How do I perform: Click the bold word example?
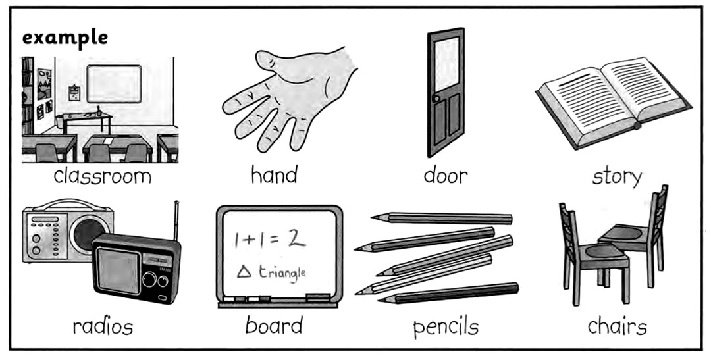pyautogui.click(x=65, y=38)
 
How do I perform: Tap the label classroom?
pyautogui.click(x=103, y=176)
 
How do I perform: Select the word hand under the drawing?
pyautogui.click(x=275, y=175)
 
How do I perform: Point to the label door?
pyautogui.click(x=445, y=176)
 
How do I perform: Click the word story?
pyautogui.click(x=617, y=177)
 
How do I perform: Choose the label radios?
pyautogui.click(x=103, y=326)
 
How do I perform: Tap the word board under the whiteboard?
pyautogui.click(x=274, y=325)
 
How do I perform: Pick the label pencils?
pyautogui.click(x=446, y=327)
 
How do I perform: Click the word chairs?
pyautogui.click(x=617, y=326)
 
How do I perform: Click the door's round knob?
pyautogui.click(x=436, y=99)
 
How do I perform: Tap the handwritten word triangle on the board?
pyautogui.click(x=282, y=274)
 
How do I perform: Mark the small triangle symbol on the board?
pyautogui.click(x=244, y=272)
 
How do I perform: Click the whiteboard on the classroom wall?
pyautogui.click(x=115, y=84)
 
